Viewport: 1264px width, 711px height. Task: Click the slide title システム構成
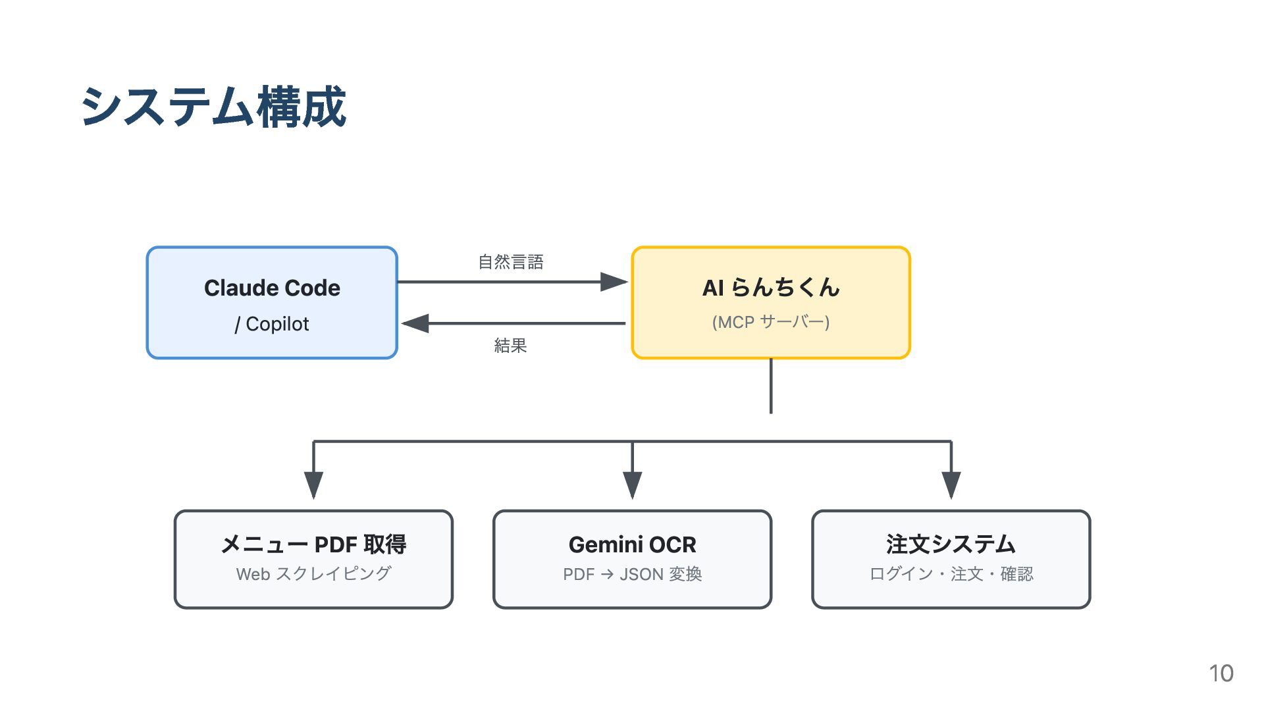click(213, 107)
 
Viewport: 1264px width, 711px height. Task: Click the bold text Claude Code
click(272, 288)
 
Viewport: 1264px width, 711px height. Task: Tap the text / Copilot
click(272, 324)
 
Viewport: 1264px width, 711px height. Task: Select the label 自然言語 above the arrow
click(511, 262)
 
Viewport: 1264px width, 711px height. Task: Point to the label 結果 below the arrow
click(511, 346)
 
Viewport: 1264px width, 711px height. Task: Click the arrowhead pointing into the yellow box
click(614, 282)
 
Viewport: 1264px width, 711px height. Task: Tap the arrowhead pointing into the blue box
click(415, 323)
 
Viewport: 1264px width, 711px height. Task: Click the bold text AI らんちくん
click(771, 287)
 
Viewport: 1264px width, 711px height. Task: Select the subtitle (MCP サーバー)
click(771, 322)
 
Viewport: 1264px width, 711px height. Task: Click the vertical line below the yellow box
click(771, 386)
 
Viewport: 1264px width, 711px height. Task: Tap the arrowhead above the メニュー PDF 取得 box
click(313, 485)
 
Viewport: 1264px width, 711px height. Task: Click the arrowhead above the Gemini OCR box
click(632, 485)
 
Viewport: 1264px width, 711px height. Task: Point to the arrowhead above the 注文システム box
click(951, 485)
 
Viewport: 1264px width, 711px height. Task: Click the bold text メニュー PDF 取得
click(313, 544)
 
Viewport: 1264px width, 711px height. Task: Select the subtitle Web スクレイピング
click(313, 574)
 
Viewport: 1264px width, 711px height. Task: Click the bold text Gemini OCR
click(632, 544)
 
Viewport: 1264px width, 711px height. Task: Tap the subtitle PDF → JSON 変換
click(632, 574)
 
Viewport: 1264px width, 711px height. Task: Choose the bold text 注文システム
click(951, 544)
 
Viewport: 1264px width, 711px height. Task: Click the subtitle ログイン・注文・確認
click(951, 574)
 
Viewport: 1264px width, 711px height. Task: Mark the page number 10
click(1221, 673)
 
